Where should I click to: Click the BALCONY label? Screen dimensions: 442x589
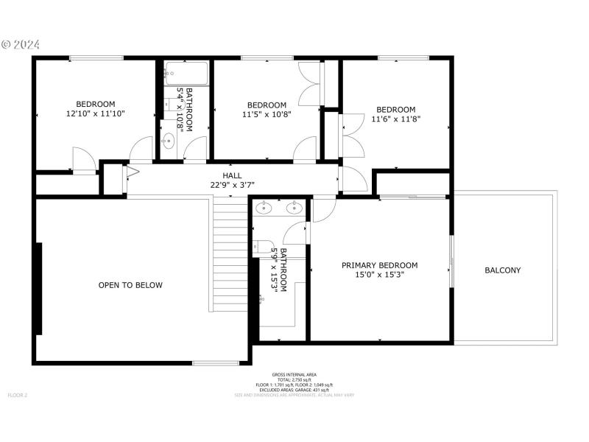[x=503, y=270]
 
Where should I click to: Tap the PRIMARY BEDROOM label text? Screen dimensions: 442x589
[x=379, y=265]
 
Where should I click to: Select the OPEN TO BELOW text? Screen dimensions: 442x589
[x=130, y=285]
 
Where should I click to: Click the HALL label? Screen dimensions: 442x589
[x=232, y=176]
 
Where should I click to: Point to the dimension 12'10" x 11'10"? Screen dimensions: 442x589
[x=96, y=114]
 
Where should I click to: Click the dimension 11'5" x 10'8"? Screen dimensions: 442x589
[x=267, y=115]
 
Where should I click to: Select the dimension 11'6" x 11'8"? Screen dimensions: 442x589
[x=396, y=119]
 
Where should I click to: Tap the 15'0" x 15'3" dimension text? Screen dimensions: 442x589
[x=379, y=275]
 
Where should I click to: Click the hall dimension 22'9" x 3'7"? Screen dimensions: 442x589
[x=232, y=185]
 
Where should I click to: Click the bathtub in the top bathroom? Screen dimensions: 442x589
[x=186, y=74]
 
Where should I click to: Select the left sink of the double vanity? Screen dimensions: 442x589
[x=264, y=208]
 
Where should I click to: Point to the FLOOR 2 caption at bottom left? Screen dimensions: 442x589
[x=17, y=396]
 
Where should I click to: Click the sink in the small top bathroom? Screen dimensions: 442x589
[x=169, y=139]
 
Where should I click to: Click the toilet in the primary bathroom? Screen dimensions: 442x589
[x=262, y=248]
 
